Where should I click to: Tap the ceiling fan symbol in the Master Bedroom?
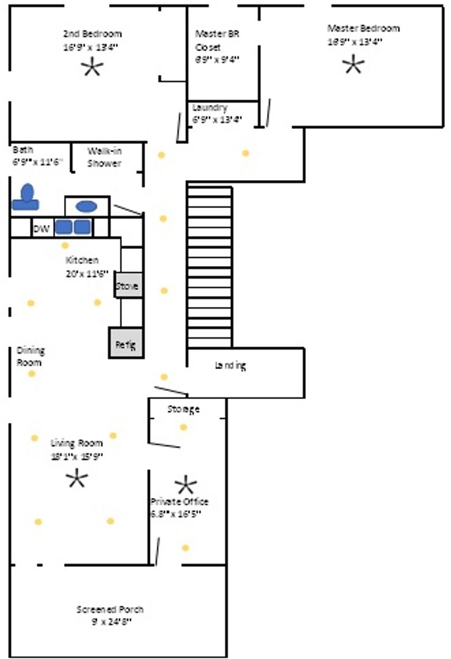[x=353, y=65]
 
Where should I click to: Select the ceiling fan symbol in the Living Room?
[x=77, y=479]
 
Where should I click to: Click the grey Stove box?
[x=128, y=286]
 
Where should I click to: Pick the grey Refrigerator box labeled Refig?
[x=126, y=343]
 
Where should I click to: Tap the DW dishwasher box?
[x=41, y=229]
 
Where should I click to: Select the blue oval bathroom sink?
[x=86, y=206]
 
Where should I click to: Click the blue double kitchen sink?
[x=73, y=228]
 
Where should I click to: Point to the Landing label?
[x=230, y=366]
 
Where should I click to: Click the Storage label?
[x=183, y=409]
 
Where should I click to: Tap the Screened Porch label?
[x=110, y=610]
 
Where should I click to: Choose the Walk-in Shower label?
[x=104, y=157]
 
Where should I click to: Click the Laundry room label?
[x=210, y=107]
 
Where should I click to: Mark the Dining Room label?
[x=30, y=356]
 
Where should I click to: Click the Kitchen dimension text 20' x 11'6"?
[x=87, y=273]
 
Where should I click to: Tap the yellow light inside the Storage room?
[x=183, y=427]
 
